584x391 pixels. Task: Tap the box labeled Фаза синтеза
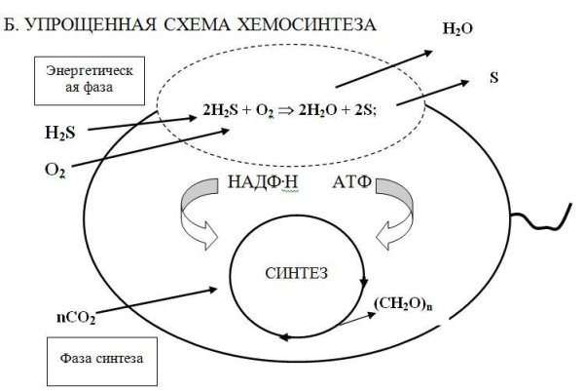(x=94, y=358)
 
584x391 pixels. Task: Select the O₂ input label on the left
(x=55, y=170)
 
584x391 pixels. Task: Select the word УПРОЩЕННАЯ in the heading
(x=92, y=20)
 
